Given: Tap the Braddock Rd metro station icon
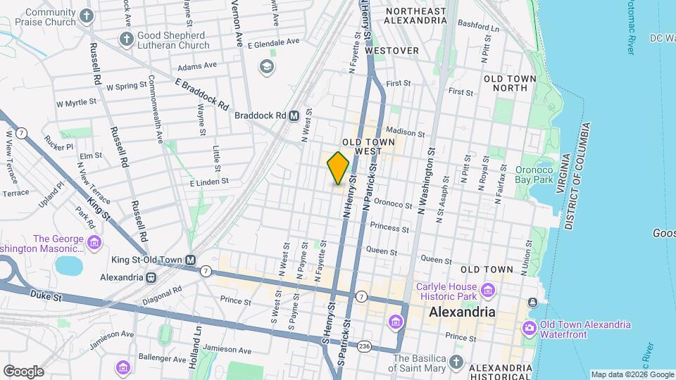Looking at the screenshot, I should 294,115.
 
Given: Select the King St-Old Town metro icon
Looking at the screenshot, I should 190,260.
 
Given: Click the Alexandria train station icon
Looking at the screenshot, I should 151,277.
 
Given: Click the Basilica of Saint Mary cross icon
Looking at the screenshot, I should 456,362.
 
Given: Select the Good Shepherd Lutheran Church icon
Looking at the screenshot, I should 127,39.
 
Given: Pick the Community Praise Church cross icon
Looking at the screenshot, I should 86,16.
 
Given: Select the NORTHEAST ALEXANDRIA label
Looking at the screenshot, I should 416,16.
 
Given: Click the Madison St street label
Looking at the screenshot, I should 406,132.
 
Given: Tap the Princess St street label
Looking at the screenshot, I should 389,229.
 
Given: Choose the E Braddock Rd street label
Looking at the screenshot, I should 203,94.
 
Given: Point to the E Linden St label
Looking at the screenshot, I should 209,182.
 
